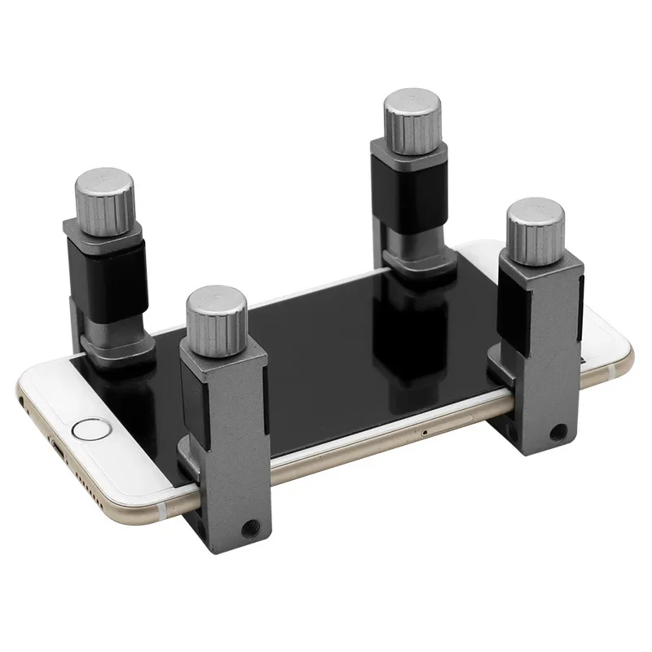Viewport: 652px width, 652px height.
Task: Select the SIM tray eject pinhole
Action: click(425, 430)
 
